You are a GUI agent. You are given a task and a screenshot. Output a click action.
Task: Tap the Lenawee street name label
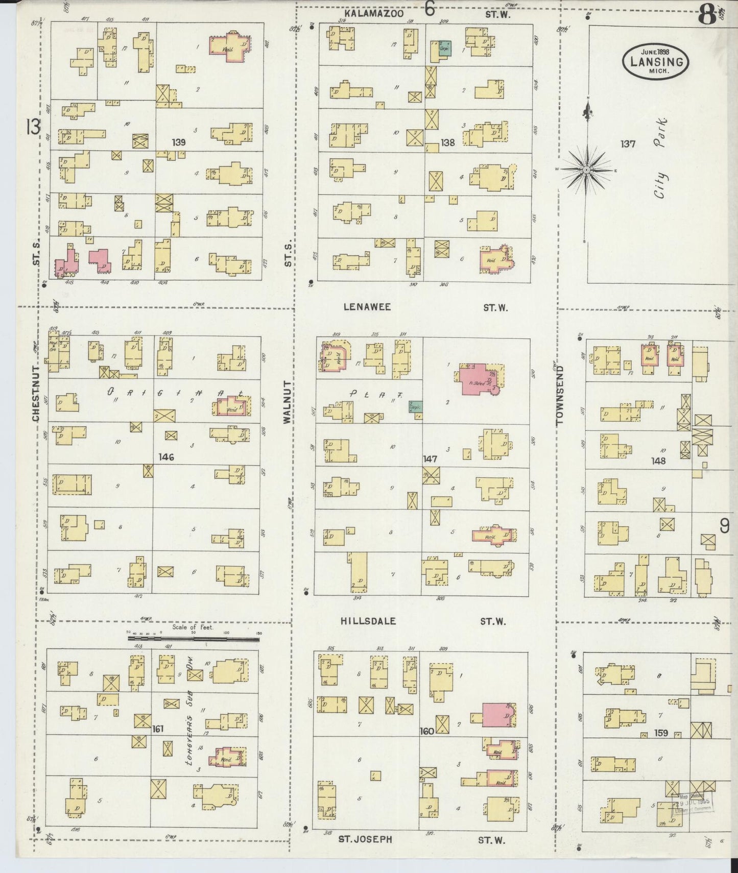point(367,307)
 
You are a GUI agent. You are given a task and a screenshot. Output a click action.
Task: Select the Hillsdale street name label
point(368,621)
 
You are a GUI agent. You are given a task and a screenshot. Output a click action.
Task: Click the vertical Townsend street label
point(560,395)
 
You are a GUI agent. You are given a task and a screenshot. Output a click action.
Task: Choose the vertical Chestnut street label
point(36,393)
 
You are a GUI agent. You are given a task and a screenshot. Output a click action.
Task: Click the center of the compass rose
point(587,169)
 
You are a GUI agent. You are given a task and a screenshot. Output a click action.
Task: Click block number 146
point(166,457)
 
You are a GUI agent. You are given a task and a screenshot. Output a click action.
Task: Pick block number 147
point(430,459)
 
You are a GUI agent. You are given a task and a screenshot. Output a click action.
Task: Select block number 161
point(158,729)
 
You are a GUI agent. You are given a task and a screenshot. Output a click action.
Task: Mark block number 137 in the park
point(628,144)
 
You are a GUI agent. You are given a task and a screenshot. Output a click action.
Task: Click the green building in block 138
point(444,49)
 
